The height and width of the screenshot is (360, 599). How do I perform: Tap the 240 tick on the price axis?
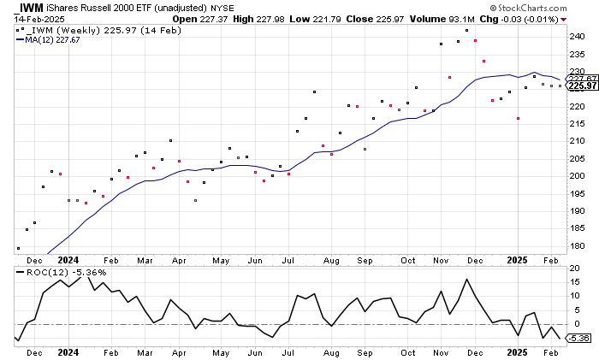click(x=577, y=37)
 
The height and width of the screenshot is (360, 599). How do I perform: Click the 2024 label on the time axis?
click(x=69, y=259)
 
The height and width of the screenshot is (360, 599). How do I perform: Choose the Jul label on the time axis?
click(x=289, y=259)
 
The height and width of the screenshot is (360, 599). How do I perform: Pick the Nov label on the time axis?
click(x=442, y=259)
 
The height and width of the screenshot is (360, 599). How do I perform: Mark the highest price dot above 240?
click(x=466, y=31)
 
